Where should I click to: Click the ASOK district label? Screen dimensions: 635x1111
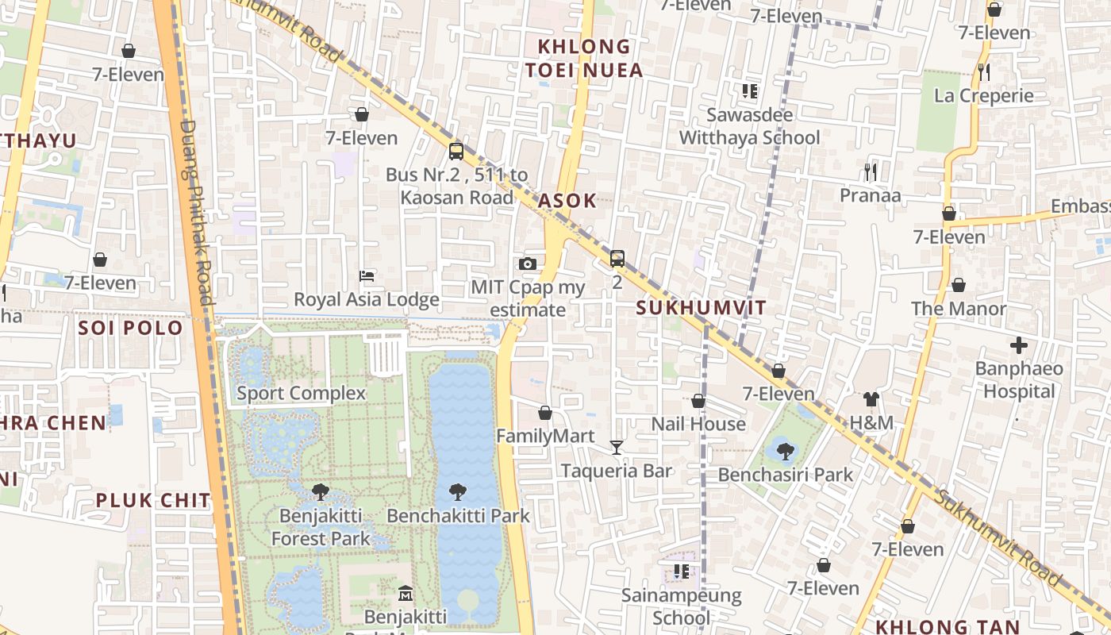click(567, 201)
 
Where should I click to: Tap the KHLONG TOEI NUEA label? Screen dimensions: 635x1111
click(583, 59)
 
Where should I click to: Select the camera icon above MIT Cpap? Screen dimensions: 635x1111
click(527, 264)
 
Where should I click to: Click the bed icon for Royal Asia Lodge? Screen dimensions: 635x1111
click(367, 276)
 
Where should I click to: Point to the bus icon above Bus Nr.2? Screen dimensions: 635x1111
click(456, 151)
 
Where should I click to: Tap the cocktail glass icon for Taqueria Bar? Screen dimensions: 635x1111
click(617, 448)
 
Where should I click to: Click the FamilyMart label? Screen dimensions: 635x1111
click(545, 436)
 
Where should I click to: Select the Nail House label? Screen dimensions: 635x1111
click(698, 424)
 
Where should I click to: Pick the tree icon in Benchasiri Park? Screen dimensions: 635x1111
click(785, 452)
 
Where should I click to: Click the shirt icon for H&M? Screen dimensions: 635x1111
click(871, 399)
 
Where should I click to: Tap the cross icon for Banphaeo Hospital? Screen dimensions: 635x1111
click(1019, 345)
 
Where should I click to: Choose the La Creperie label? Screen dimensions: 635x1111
click(984, 96)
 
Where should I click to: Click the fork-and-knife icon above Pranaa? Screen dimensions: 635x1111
click(871, 171)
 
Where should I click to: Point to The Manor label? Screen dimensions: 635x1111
click(959, 309)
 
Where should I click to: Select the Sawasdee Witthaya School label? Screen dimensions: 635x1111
click(750, 127)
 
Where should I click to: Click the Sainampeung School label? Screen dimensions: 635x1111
click(681, 606)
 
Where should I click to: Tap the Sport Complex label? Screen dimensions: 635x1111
click(301, 393)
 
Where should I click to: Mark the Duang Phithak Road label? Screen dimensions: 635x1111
click(197, 212)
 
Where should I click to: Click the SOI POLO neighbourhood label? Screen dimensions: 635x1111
click(130, 328)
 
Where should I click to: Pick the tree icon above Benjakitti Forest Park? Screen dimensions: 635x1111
click(321, 492)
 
